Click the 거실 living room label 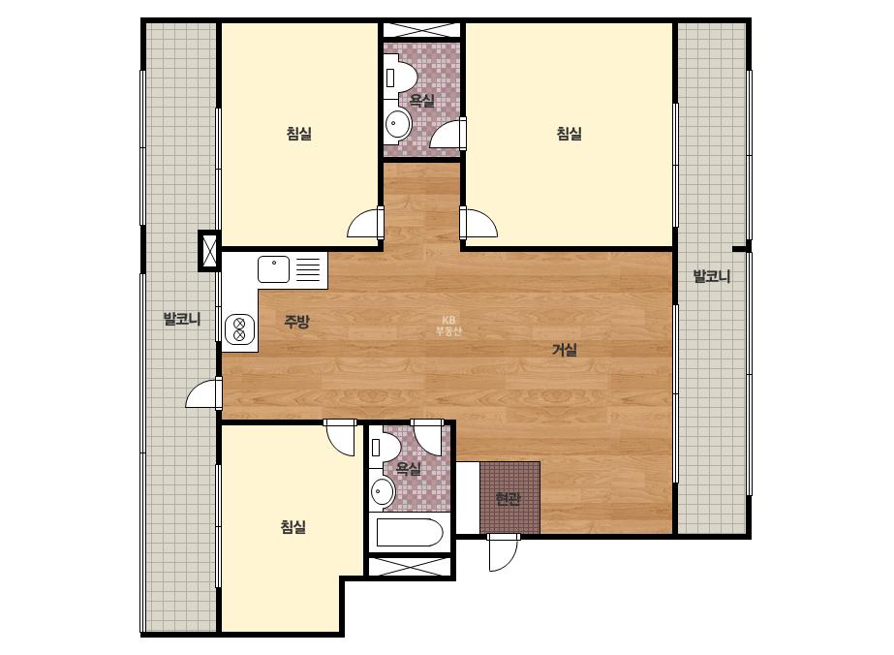click(x=565, y=350)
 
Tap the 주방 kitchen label click(x=296, y=322)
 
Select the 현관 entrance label click(x=508, y=499)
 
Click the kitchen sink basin click(x=274, y=269)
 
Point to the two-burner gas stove click(x=239, y=329)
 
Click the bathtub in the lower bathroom click(x=410, y=532)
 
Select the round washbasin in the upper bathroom click(x=397, y=124)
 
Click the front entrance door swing click(x=504, y=552)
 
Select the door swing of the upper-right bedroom click(x=478, y=223)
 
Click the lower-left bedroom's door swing click(x=340, y=438)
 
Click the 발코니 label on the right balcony click(x=712, y=277)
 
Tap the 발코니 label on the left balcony click(x=182, y=319)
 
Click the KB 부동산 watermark click(x=448, y=326)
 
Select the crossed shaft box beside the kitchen click(x=209, y=251)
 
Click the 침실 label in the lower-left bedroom click(x=293, y=527)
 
